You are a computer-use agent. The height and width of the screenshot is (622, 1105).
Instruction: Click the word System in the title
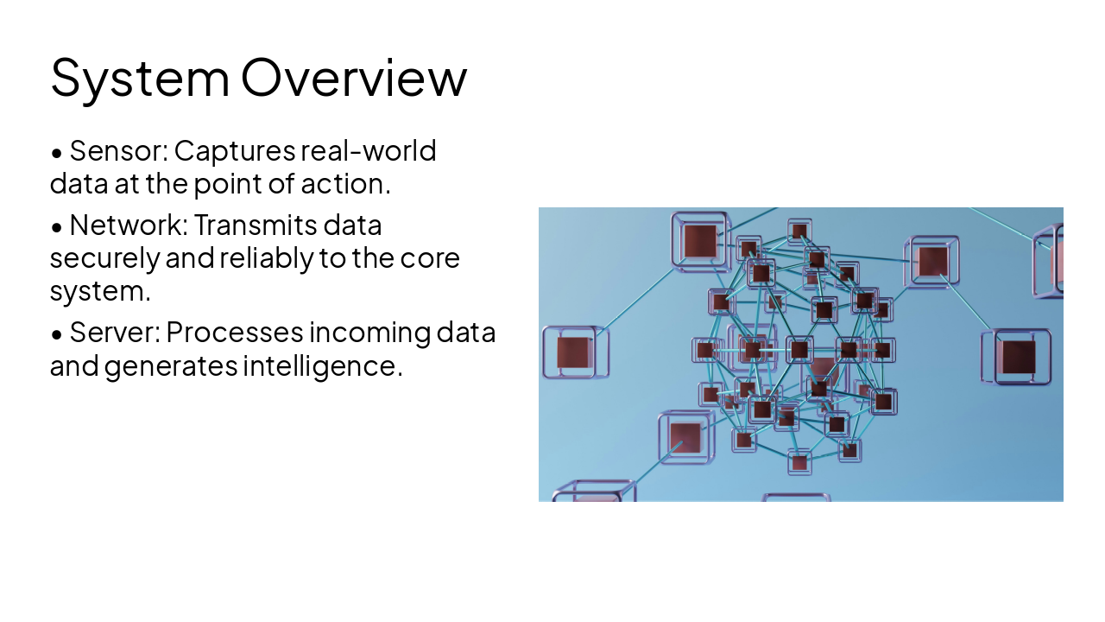tap(140, 77)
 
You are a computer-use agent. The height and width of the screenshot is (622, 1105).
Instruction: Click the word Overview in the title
tap(353, 77)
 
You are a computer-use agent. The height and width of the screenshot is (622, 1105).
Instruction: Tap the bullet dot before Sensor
tap(57, 153)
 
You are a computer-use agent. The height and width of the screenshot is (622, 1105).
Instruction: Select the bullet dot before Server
tap(57, 334)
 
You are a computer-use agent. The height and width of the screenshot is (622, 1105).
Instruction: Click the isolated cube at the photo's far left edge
tap(573, 352)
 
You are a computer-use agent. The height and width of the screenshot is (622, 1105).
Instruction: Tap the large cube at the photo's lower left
tap(685, 436)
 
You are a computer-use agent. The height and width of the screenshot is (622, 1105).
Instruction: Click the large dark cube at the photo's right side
tap(1018, 356)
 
